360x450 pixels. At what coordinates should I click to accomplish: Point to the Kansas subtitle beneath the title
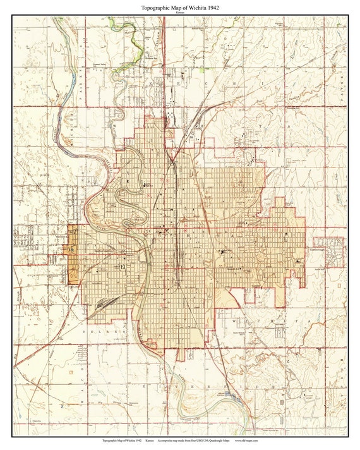point(180,13)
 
